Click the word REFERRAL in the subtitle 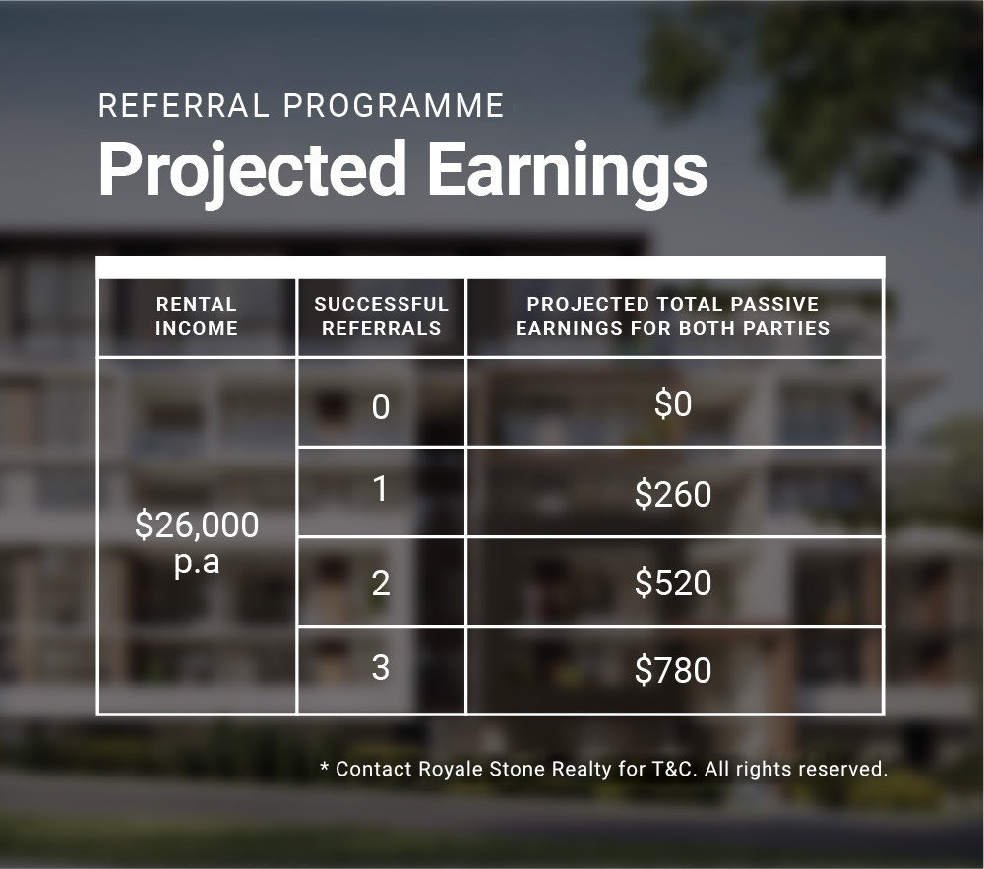point(183,105)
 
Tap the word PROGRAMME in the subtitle point(394,105)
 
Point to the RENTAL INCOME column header point(197,316)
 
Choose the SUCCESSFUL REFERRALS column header point(382,316)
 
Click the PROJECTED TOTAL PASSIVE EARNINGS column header point(673,316)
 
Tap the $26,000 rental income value point(197,525)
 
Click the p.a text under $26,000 point(197,562)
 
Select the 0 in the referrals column point(380,406)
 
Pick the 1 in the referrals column point(380,489)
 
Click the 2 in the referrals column point(380,583)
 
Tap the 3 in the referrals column point(380,667)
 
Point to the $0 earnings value point(673,403)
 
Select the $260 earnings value point(673,494)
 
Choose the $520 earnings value point(673,583)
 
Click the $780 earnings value point(673,670)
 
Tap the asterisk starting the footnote point(325,766)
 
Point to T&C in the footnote point(675,770)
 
